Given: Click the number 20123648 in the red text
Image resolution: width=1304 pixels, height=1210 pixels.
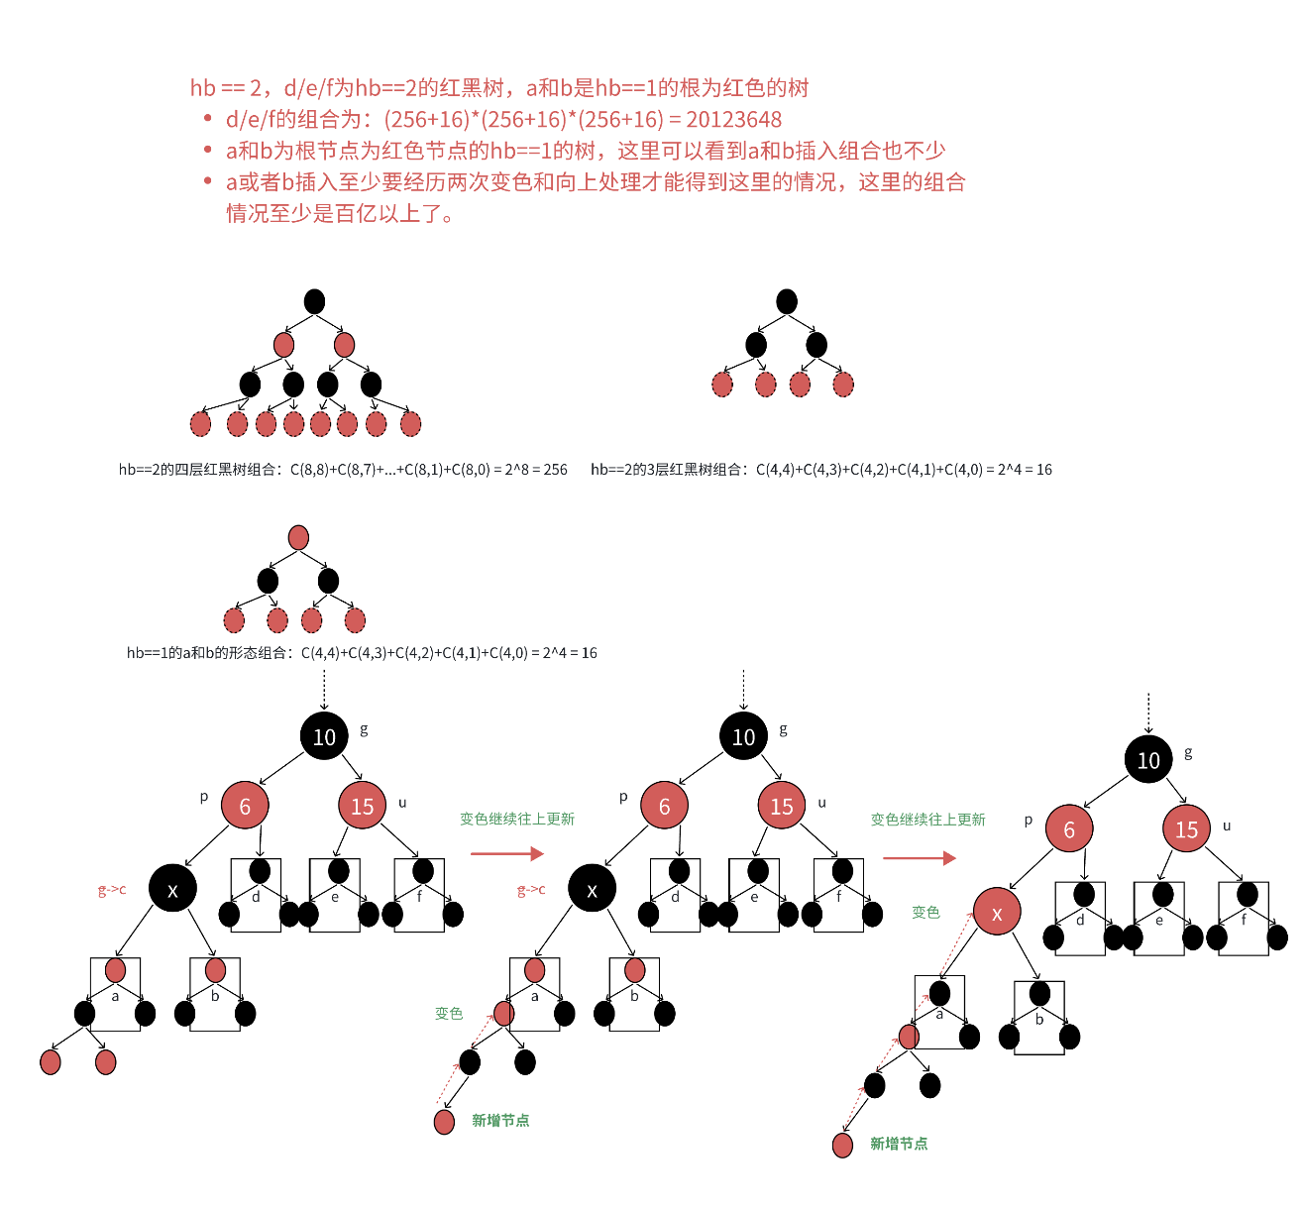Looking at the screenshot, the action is (x=733, y=120).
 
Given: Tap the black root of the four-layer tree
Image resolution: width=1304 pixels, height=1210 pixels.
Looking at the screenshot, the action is (x=314, y=301).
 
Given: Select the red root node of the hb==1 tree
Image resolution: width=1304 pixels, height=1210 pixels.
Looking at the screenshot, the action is (x=298, y=537).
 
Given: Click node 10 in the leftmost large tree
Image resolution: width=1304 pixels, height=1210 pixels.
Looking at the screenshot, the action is (x=324, y=736).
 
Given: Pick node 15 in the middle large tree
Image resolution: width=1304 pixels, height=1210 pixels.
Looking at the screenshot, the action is (x=782, y=806).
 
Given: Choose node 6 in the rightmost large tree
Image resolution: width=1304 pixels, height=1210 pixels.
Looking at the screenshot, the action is (x=1069, y=829).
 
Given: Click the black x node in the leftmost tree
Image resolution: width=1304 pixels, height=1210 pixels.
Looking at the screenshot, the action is (x=172, y=889).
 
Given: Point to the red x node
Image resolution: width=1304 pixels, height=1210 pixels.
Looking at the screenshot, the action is (x=997, y=913).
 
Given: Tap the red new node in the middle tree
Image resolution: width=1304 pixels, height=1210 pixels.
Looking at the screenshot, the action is (x=444, y=1122).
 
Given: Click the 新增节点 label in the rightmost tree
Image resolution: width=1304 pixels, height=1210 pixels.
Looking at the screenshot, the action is (x=899, y=1144).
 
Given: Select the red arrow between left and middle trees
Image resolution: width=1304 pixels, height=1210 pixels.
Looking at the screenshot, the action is (x=507, y=853).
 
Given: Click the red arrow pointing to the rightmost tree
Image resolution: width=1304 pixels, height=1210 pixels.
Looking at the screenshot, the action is (x=919, y=857).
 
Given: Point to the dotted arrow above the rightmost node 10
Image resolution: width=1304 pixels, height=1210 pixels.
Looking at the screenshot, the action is (x=1148, y=712).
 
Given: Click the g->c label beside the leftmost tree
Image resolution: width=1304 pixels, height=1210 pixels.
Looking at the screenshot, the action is (x=112, y=890).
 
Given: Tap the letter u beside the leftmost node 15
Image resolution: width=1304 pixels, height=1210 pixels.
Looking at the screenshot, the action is (x=402, y=803).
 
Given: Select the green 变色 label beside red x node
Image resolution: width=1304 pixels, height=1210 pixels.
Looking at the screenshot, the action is (x=925, y=912).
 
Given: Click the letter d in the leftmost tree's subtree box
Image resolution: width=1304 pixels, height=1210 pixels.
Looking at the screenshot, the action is (x=256, y=897).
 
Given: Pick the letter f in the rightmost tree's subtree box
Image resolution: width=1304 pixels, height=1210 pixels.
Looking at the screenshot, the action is (x=1244, y=920).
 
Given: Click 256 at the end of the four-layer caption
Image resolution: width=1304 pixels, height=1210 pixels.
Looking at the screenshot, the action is (x=555, y=470).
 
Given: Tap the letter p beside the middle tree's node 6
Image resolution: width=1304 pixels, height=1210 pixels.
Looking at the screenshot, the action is (x=623, y=797).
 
